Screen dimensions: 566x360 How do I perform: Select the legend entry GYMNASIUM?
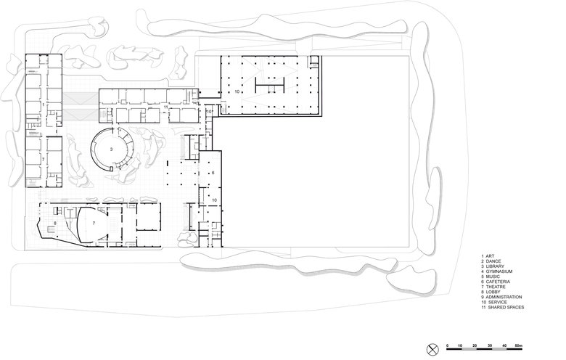click(x=499, y=271)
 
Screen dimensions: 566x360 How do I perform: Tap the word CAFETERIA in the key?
click(x=498, y=282)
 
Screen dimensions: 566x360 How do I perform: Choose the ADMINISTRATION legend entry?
click(x=504, y=297)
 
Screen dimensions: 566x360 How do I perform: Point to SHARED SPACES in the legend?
click(x=506, y=307)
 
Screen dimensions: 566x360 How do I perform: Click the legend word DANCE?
click(x=493, y=261)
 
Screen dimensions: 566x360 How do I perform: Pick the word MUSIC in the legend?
click(x=493, y=277)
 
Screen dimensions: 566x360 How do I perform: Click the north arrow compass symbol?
click(x=432, y=349)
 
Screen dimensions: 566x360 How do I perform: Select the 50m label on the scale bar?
click(x=519, y=345)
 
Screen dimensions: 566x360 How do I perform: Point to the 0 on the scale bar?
click(x=448, y=346)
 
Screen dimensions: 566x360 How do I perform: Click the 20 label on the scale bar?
click(x=475, y=345)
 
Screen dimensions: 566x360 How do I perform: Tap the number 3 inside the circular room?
click(x=111, y=149)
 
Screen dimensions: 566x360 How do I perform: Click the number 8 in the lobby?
click(x=55, y=223)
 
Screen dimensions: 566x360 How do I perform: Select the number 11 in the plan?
click(x=165, y=107)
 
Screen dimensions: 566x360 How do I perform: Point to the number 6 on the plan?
click(x=213, y=173)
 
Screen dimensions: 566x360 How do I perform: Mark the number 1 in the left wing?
click(x=44, y=104)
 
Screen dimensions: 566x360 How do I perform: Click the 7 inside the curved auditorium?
click(x=94, y=223)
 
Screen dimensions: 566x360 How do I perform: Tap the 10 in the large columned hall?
click(x=237, y=91)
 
